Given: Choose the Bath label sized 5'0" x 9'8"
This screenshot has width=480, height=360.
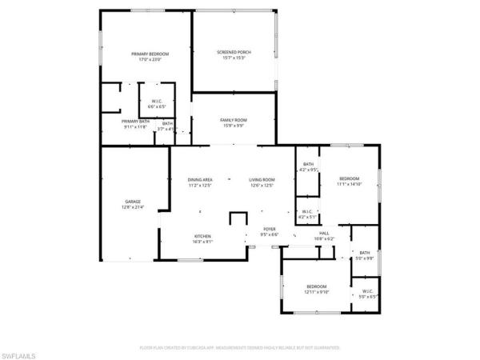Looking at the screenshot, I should [x=364, y=255].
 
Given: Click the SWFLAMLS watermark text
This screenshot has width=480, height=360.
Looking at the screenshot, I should [x=20, y=351].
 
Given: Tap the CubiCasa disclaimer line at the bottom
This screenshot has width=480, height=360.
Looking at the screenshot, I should [x=240, y=348].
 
